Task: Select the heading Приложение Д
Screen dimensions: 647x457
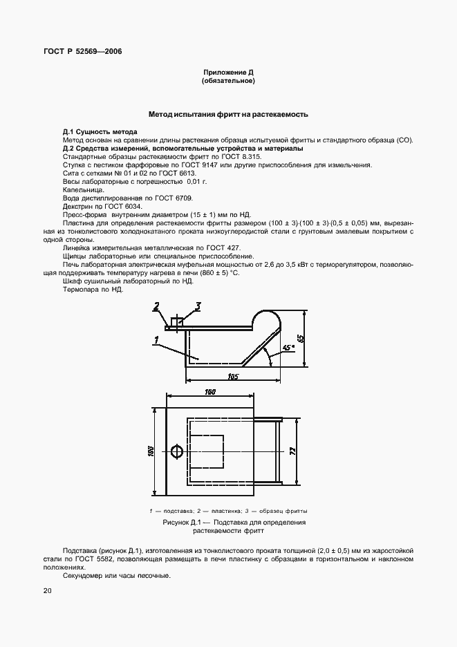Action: point(228,73)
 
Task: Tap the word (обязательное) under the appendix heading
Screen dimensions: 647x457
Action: point(228,82)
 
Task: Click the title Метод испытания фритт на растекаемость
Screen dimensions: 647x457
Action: point(228,113)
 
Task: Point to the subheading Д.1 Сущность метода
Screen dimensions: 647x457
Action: point(100,131)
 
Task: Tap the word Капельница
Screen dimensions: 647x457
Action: point(83,189)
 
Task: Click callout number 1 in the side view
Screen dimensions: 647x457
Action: point(158,339)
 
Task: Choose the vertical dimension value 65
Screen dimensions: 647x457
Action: point(300,338)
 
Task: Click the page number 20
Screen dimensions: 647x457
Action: point(47,591)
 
